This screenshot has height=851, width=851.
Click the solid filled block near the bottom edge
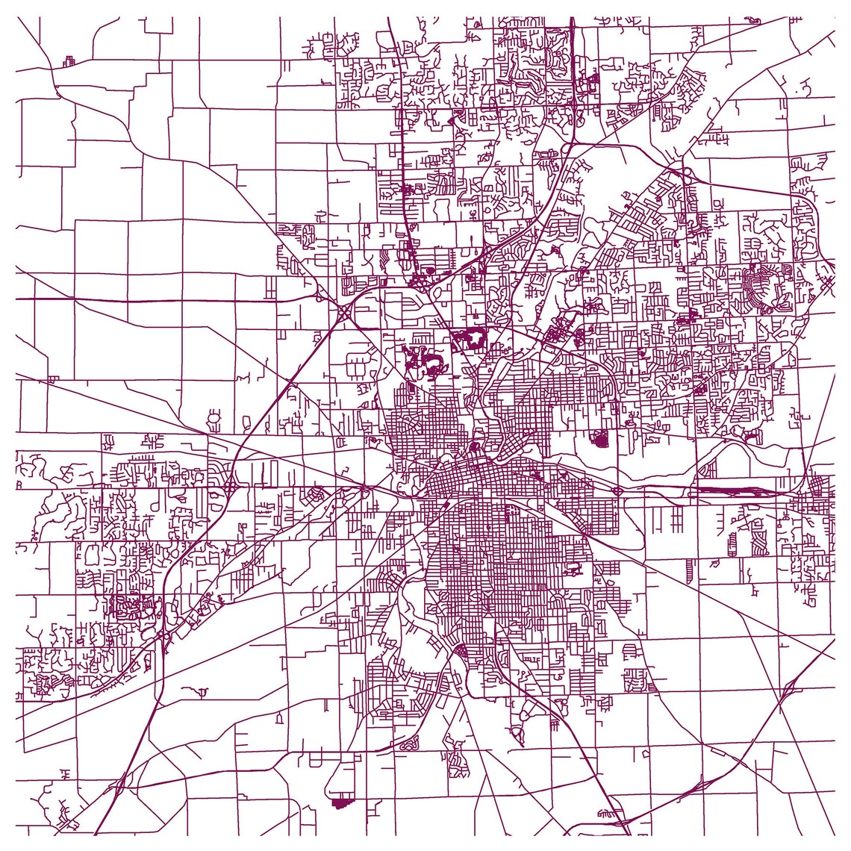click(340, 803)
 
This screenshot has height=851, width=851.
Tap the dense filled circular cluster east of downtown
click(600, 439)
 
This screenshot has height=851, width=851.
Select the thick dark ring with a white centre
click(468, 340)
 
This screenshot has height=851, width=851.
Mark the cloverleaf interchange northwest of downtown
click(344, 311)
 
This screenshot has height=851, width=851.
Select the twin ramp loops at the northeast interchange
click(685, 173)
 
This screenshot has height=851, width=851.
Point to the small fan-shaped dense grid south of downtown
click(461, 652)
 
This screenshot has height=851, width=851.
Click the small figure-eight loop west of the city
click(214, 415)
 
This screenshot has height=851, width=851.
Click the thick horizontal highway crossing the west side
click(149, 299)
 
